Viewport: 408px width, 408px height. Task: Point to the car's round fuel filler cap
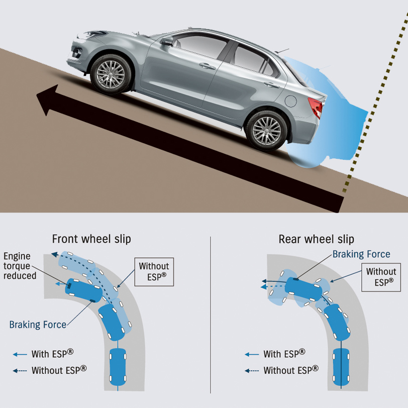click(x=291, y=100)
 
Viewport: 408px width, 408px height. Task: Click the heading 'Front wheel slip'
click(x=91, y=239)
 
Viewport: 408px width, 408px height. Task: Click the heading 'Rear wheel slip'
click(x=316, y=239)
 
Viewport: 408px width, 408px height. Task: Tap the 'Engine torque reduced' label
click(x=20, y=265)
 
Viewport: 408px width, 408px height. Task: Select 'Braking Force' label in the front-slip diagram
click(x=38, y=325)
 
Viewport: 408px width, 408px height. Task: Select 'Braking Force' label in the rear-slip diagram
click(x=361, y=254)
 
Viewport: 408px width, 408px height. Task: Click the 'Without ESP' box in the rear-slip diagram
click(x=381, y=276)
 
